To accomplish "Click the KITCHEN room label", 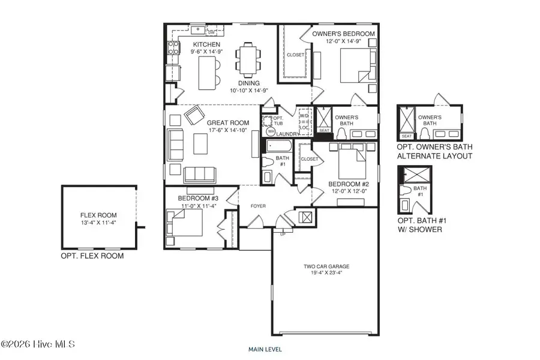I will (206, 45).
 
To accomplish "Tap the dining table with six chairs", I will (247, 59).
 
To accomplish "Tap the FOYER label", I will (258, 206).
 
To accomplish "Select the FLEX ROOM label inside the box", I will (98, 215).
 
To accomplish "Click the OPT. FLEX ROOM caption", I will (92, 256).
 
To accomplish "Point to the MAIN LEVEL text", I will (265, 349).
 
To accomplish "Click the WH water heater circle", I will (271, 131).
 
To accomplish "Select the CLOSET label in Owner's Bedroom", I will (295, 55).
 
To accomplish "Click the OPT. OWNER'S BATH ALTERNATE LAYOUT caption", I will (434, 152).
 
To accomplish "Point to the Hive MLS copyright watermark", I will (38, 344).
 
